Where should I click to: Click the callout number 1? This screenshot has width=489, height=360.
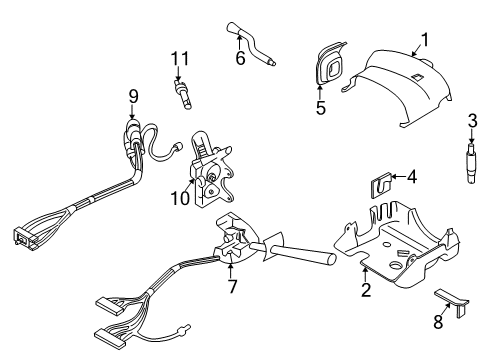pos(424,40)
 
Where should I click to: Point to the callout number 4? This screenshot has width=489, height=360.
pos(411,177)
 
